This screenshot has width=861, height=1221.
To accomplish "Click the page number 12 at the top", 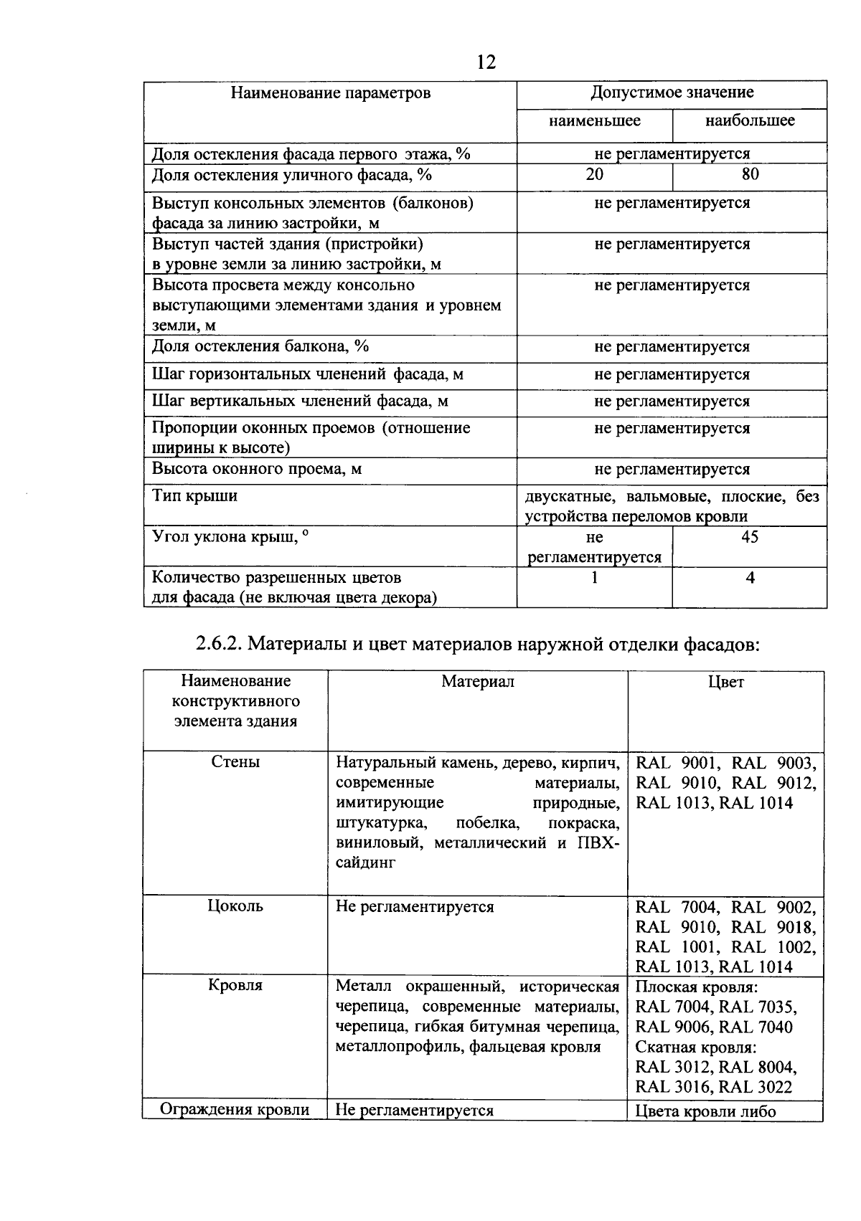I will click(x=486, y=63).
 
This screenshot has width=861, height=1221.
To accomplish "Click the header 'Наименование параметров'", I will click(x=331, y=93).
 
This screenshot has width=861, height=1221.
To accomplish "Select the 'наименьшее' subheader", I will click(x=594, y=120).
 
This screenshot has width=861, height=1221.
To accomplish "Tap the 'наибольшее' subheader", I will click(x=750, y=120).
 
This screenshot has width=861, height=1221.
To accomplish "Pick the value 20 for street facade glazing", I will click(x=594, y=175).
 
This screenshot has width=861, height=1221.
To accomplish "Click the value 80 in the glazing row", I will click(x=750, y=175).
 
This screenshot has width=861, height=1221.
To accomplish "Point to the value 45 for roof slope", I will click(x=749, y=537).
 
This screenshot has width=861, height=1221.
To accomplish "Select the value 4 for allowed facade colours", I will click(x=750, y=578).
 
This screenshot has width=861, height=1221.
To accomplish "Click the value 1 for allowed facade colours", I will click(x=594, y=578).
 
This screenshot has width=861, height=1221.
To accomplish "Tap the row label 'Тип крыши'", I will click(x=194, y=496).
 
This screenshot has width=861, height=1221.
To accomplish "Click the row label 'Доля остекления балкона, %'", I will click(x=260, y=347).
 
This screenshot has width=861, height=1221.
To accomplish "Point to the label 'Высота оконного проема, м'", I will click(x=256, y=470).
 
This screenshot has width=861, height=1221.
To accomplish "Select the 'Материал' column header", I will click(x=478, y=682).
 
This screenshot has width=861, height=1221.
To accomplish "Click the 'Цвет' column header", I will click(x=725, y=682).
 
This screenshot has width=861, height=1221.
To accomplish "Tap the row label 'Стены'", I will click(x=235, y=762).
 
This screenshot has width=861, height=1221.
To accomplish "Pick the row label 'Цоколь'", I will click(x=235, y=906).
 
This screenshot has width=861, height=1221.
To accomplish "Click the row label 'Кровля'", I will click(x=235, y=986).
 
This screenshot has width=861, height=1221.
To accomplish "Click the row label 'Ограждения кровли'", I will click(x=235, y=1111).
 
